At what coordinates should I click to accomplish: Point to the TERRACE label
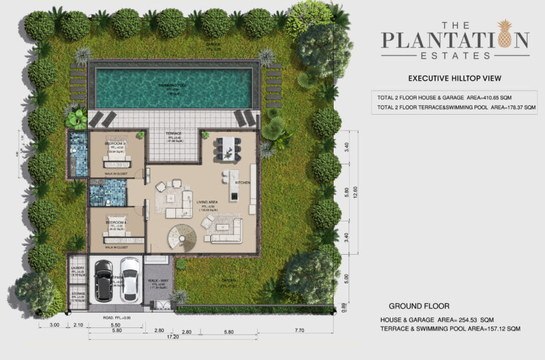click(x=173, y=134)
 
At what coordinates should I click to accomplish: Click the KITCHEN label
click(x=241, y=182)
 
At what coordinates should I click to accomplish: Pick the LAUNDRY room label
click(x=77, y=269)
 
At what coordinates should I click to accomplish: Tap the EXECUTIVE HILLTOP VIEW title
click(x=454, y=78)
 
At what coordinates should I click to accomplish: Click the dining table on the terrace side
click(x=227, y=147)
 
